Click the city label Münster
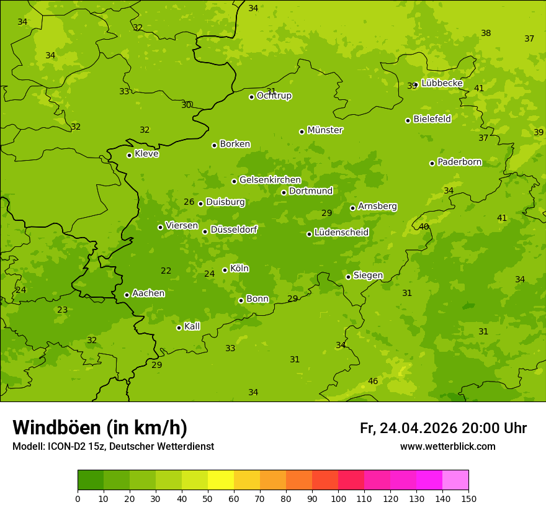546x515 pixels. (325, 130)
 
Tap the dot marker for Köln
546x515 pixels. (225, 270)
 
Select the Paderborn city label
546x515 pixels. (460, 162)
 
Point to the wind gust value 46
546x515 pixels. (373, 381)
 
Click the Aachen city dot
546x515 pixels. (127, 295)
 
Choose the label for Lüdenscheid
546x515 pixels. (341, 233)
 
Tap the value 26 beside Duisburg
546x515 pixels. (189, 202)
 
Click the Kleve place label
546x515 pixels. (146, 154)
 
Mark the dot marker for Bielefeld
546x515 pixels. (408, 120)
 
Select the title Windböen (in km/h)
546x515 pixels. (100, 428)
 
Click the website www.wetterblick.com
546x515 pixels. (447, 447)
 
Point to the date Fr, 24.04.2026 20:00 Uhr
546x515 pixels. (443, 428)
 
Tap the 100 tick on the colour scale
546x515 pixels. (338, 498)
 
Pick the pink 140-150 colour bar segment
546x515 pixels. (455, 480)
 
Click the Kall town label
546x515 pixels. (192, 326)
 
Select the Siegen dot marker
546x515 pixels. (348, 277)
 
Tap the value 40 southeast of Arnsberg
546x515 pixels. (424, 226)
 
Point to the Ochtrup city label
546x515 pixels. (274, 96)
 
